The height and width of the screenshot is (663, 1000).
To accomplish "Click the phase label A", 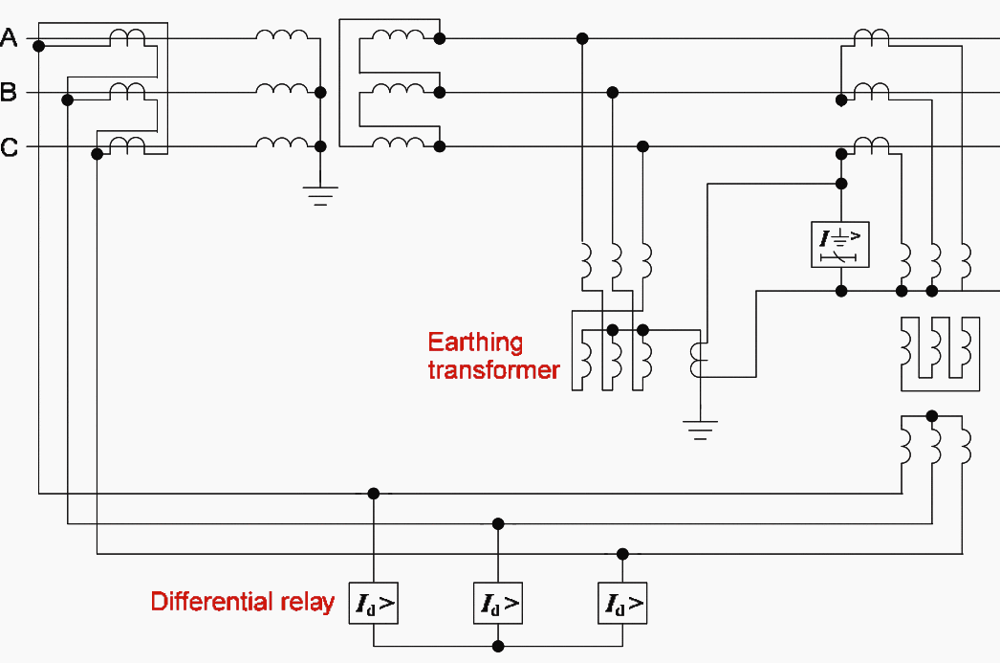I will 10,37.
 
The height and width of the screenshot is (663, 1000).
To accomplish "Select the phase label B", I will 10,93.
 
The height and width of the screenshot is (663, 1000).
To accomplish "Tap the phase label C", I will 10,147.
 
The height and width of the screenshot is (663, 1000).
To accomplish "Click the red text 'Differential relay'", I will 242,602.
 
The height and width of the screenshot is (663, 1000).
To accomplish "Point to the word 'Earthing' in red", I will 475,343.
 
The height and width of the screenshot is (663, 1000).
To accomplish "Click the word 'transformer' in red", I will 493,369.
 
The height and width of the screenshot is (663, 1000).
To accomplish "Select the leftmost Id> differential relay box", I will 373,603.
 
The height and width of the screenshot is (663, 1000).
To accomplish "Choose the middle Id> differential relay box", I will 498,603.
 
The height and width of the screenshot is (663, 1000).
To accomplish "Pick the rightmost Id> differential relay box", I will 622,603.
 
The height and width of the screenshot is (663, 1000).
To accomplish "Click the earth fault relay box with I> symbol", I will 840,243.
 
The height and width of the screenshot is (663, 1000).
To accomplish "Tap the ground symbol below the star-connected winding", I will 320,196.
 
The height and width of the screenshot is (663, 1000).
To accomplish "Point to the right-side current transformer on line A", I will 871,36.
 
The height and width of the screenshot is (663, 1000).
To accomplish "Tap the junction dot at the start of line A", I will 38,45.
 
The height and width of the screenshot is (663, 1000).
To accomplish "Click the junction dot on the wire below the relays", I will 498,646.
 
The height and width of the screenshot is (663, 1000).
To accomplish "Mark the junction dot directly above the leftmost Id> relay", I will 374,494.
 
